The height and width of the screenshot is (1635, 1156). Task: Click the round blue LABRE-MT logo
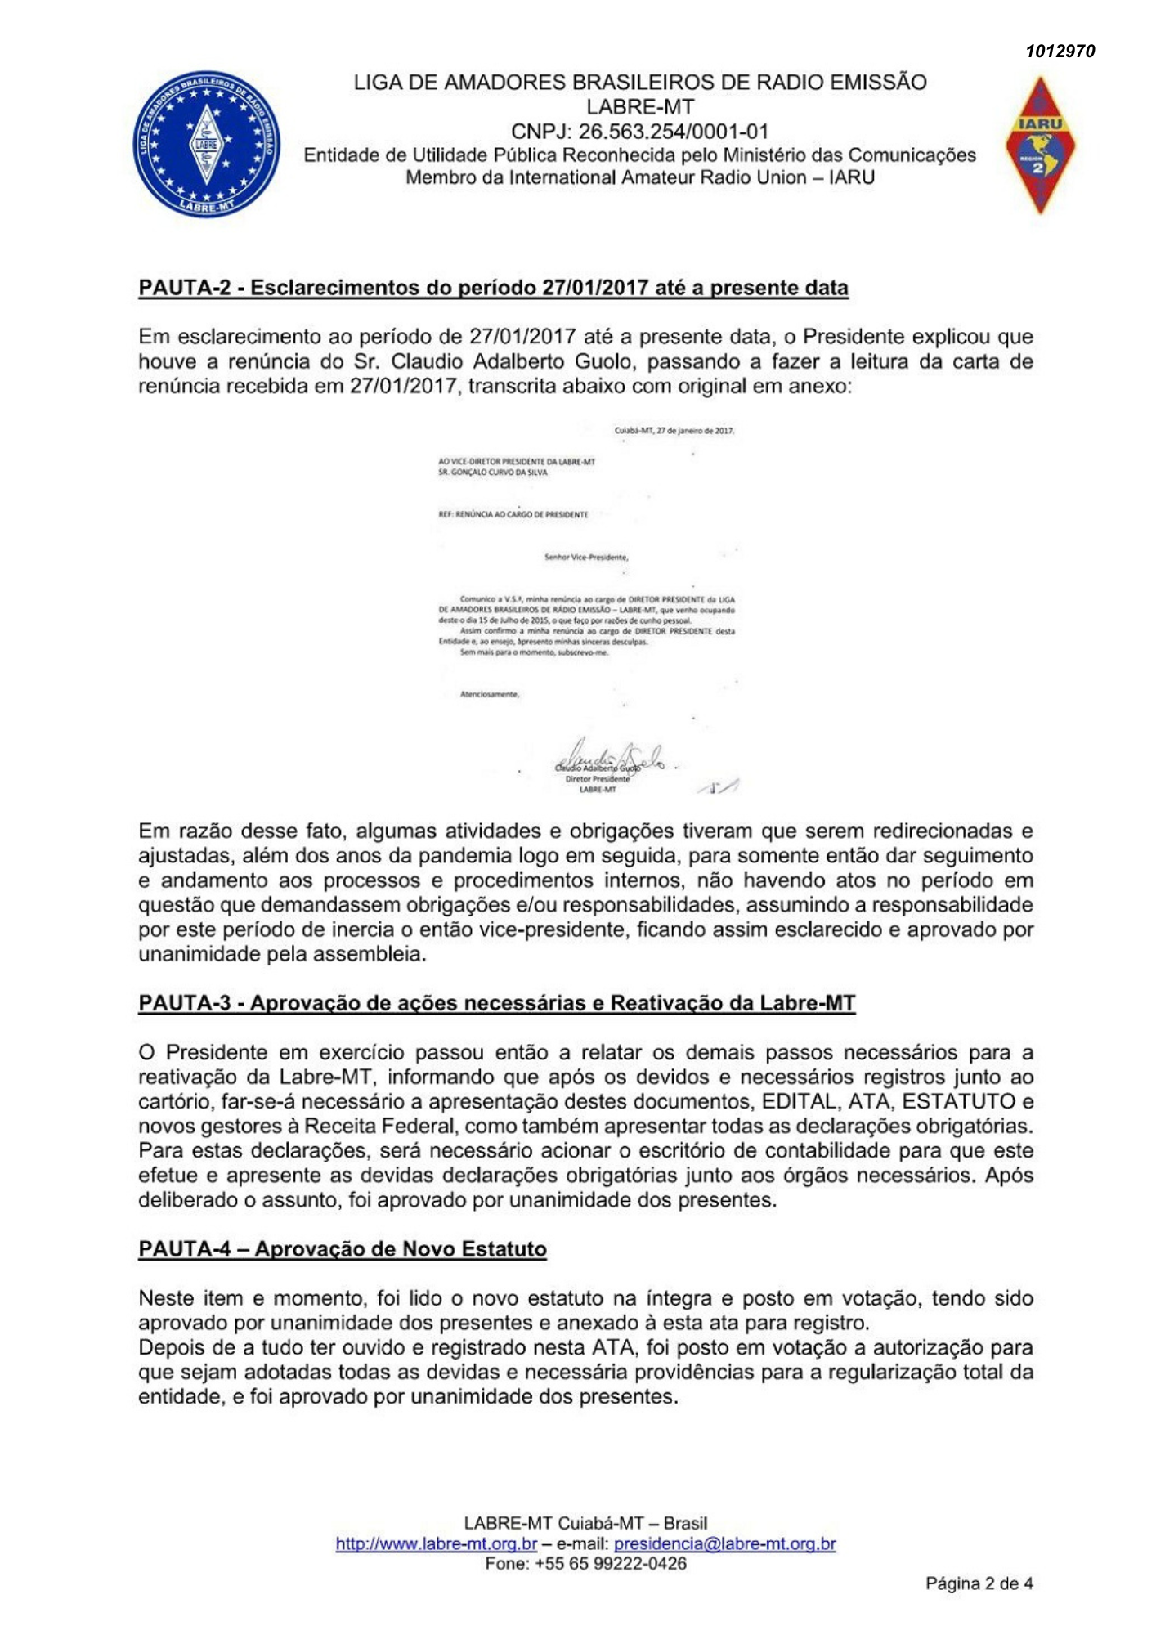pyautogui.click(x=206, y=144)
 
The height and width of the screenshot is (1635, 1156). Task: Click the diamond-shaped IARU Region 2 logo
pyautogui.click(x=1040, y=146)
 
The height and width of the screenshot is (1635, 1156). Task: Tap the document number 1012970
pyautogui.click(x=1060, y=52)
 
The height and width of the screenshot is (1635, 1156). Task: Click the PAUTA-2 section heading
pyautogui.click(x=493, y=288)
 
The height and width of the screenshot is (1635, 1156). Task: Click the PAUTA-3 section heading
pyautogui.click(x=496, y=1003)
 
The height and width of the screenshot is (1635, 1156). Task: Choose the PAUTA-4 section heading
pyautogui.click(x=342, y=1249)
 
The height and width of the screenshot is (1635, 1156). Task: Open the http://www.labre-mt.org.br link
pyautogui.click(x=436, y=1544)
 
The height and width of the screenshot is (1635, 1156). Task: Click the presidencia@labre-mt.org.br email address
pyautogui.click(x=724, y=1544)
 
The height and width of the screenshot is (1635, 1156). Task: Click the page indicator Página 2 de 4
pyautogui.click(x=979, y=1584)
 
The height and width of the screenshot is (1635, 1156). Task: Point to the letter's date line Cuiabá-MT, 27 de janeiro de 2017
pyautogui.click(x=674, y=431)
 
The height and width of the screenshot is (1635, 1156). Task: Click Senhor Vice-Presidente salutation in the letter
pyautogui.click(x=585, y=558)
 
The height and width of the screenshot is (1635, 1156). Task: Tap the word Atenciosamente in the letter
pyautogui.click(x=490, y=695)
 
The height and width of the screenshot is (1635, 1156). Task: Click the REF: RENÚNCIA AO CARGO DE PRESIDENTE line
pyautogui.click(x=513, y=515)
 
